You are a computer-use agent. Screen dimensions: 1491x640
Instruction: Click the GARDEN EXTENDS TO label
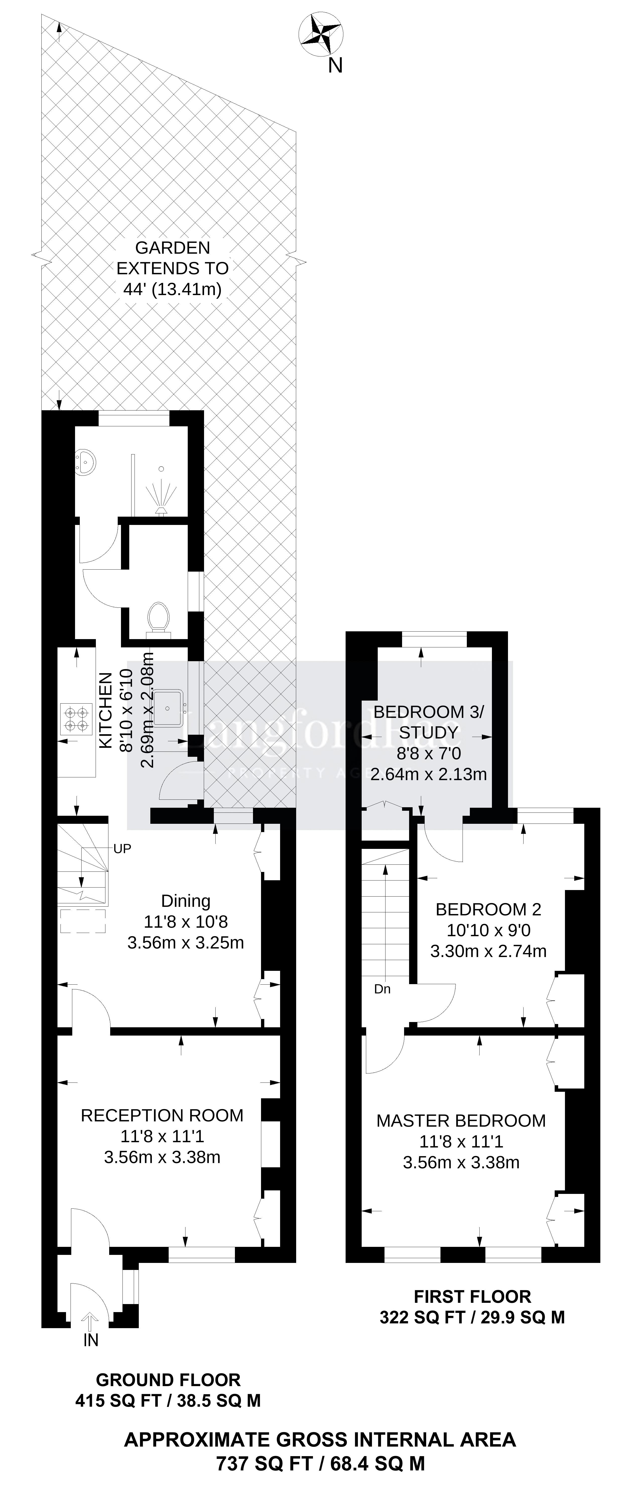(173, 258)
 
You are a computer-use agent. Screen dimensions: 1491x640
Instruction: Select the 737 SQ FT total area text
(265, 1464)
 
